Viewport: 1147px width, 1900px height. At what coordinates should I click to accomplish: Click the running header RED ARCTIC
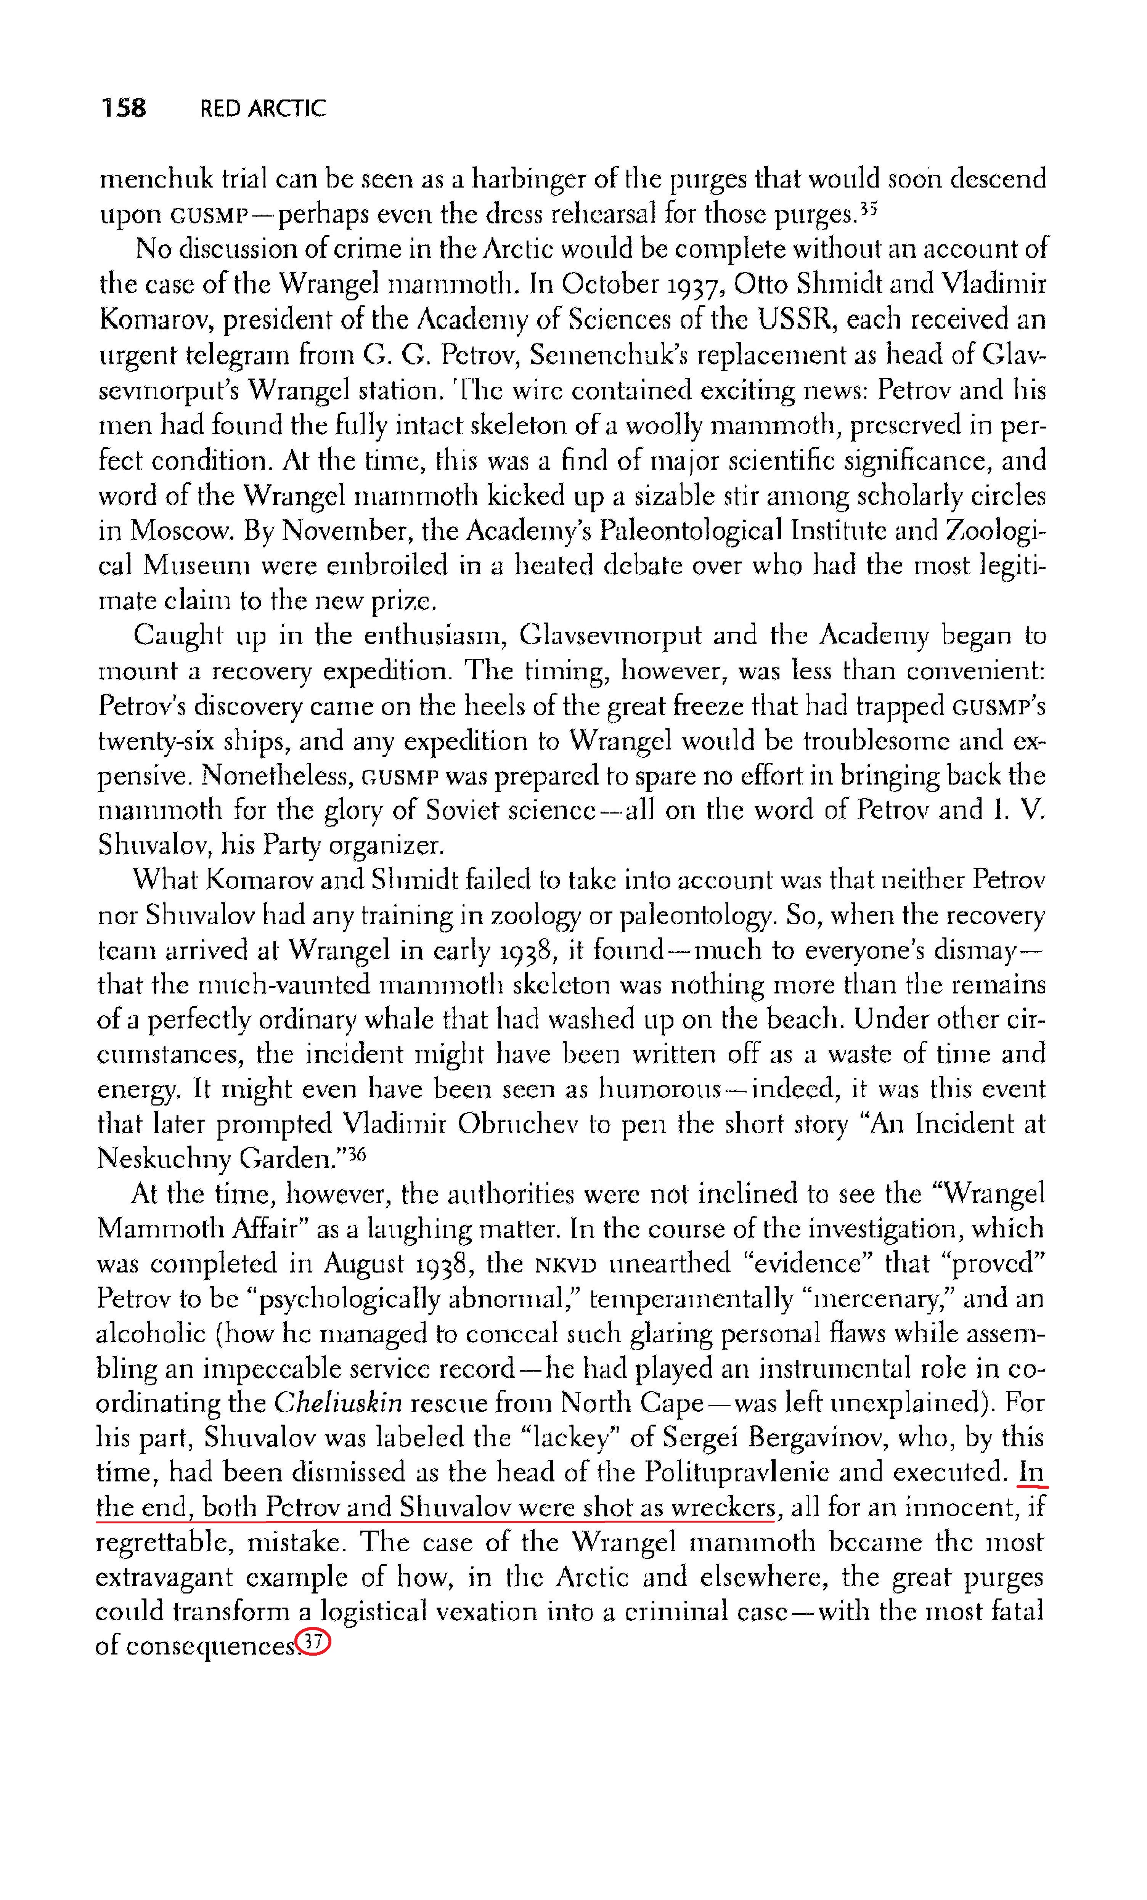262,109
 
